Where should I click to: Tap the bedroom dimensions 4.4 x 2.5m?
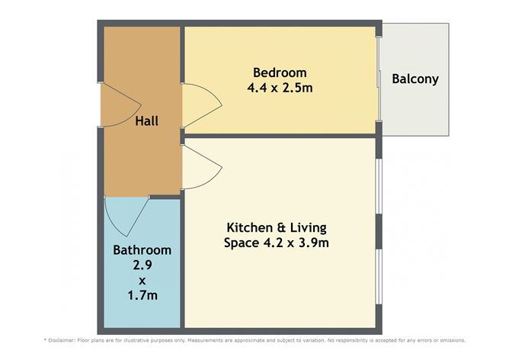pos(280,88)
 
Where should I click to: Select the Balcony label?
pos(415,79)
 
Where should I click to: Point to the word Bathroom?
pos(142,249)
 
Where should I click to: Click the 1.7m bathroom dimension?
pos(142,294)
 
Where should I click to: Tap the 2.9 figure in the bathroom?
pos(142,265)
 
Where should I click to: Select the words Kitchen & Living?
pos(276,228)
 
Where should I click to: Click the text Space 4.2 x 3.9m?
pos(276,243)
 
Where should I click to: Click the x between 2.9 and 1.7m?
pos(142,280)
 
